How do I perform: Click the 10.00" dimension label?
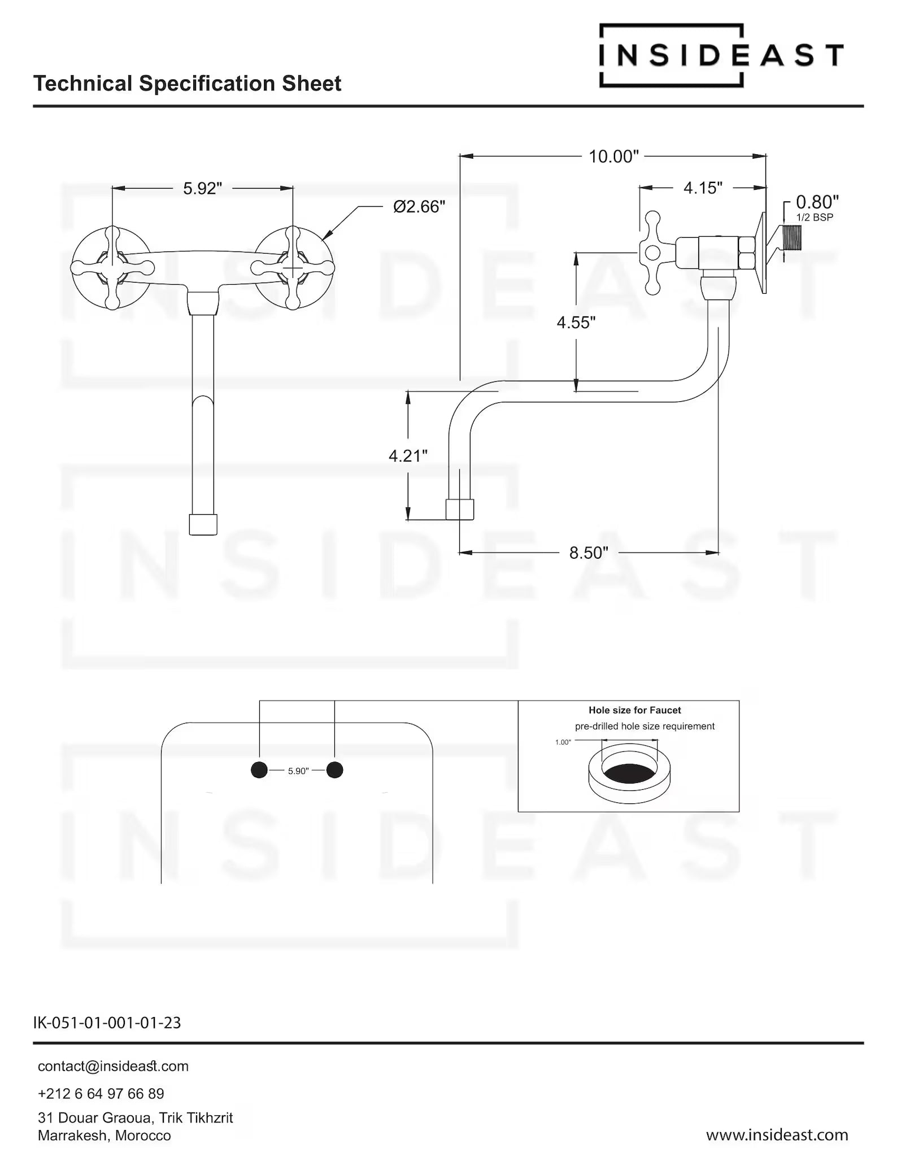613,156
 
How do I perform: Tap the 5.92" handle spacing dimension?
202,188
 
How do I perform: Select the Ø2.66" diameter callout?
419,207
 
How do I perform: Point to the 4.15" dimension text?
703,188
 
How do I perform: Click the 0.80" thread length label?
817,202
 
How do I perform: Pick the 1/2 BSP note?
815,218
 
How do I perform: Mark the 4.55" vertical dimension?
576,323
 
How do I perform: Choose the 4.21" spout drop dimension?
408,455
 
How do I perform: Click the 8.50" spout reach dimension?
589,553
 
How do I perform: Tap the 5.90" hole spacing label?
298,771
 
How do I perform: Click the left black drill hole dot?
259,769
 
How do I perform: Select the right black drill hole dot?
335,769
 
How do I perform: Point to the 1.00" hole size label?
563,742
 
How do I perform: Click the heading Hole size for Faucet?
634,710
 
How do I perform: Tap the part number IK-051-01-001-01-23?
107,1023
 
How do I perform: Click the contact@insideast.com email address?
113,1066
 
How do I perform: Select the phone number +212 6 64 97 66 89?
101,1094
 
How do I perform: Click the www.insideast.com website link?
777,1134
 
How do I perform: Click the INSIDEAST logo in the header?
721,55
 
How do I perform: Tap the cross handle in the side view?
653,253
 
